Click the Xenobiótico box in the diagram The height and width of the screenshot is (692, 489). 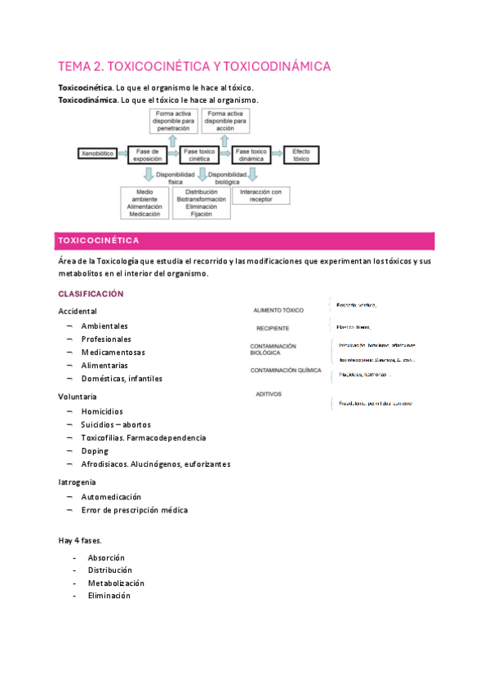tap(97, 153)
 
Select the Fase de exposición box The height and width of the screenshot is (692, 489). tap(149, 155)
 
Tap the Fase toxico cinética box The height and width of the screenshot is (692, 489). tap(199, 155)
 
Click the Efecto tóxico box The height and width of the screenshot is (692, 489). tap(300, 155)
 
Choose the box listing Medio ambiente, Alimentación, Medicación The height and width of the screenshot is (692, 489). tap(144, 202)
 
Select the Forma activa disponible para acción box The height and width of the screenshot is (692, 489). tap(225, 120)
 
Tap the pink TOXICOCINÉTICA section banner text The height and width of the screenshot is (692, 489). tap(97, 241)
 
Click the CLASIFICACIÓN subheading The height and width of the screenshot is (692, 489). tap(91, 294)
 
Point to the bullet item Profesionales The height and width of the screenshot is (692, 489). tap(105, 339)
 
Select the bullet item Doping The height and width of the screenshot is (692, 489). tap(95, 450)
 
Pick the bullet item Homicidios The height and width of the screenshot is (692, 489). tap(102, 411)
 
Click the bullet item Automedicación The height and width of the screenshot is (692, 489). tap(111, 496)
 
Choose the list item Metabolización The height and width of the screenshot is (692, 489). tap(116, 583)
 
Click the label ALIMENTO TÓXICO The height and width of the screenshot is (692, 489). tap(278, 311)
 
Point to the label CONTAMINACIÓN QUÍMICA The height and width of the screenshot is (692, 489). tap(286, 370)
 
